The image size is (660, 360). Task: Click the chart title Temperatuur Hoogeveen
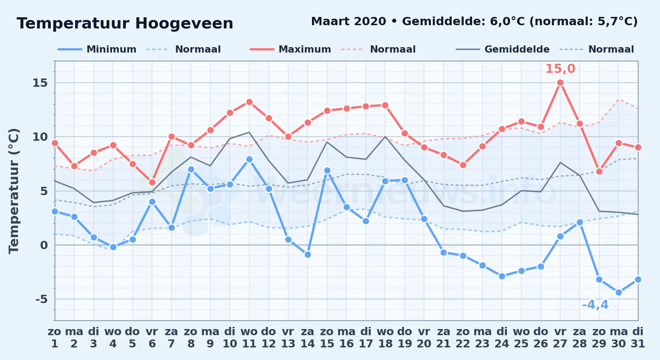[125, 23]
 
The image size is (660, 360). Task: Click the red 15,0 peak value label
[560, 68]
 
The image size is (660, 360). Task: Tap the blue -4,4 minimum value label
[595, 305]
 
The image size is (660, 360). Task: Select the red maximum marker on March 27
[560, 83]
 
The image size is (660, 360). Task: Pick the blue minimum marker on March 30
[619, 293]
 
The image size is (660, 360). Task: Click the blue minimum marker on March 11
[249, 159]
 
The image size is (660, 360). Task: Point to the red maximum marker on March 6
[152, 182]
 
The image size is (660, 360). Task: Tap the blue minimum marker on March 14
[308, 255]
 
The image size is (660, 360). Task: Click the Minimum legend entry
[97, 49]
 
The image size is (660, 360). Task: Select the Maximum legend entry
[290, 49]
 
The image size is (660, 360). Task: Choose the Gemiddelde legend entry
[503, 49]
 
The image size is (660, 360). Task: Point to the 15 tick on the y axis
[40, 83]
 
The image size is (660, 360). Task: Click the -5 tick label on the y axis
[41, 299]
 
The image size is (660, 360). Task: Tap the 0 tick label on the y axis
[44, 245]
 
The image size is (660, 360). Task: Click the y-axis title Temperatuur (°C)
[14, 191]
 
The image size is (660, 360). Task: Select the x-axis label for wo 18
[385, 337]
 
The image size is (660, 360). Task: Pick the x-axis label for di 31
[638, 337]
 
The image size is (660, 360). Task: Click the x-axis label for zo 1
[55, 337]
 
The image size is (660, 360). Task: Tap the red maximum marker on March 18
[385, 105]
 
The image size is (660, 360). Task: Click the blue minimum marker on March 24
[502, 276]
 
